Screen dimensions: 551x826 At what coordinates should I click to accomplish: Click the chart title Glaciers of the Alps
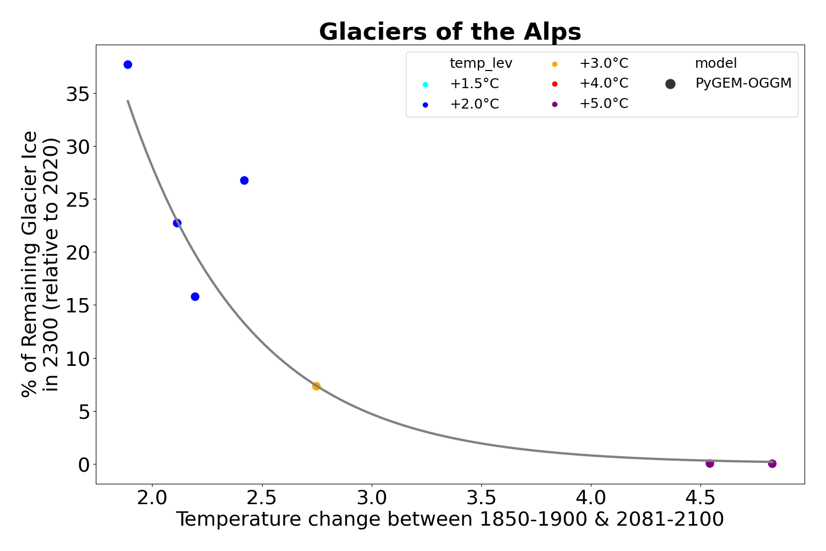coord(450,32)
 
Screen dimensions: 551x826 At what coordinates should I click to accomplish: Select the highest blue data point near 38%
coord(128,64)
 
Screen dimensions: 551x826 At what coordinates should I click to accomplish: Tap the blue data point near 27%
coord(244,180)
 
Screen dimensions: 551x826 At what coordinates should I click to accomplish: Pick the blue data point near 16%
coord(195,296)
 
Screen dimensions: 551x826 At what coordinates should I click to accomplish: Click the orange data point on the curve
coord(316,386)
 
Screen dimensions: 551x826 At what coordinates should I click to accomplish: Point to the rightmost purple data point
coord(772,463)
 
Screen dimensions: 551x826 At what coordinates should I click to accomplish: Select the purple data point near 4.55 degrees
coord(710,463)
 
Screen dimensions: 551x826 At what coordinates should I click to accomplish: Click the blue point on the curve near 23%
coord(177,223)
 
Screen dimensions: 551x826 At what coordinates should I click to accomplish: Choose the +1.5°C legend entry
coord(474,84)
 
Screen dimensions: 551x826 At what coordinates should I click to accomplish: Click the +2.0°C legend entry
coord(474,104)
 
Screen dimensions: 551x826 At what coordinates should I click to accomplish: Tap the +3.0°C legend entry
coord(603,63)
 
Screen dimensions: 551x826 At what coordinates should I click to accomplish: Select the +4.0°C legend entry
coord(603,84)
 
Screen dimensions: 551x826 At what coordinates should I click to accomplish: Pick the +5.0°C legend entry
coord(603,104)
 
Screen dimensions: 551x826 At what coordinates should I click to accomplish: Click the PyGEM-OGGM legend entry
coord(743,84)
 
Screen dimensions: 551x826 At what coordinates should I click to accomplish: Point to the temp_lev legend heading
coord(481,63)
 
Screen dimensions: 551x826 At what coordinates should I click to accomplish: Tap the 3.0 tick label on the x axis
coord(372,498)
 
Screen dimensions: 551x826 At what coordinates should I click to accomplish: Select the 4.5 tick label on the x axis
coord(700,498)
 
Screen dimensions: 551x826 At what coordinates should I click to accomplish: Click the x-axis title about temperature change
coord(450,520)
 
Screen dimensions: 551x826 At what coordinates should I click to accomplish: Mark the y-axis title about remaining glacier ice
coord(40,263)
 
